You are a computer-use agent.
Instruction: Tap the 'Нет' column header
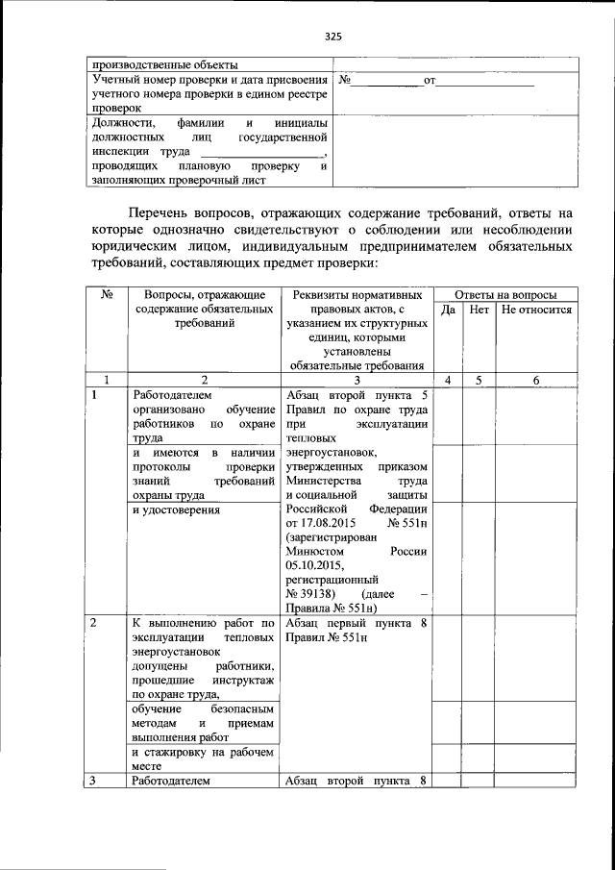479,310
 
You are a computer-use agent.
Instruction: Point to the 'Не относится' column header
536,310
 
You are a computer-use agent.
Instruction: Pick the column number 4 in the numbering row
447,380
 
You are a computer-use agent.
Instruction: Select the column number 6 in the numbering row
536,380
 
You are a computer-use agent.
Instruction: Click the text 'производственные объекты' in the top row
163,63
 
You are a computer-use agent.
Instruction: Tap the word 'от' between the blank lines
430,81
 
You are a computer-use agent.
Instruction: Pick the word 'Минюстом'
312,552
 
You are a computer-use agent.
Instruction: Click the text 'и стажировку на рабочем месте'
203,758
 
